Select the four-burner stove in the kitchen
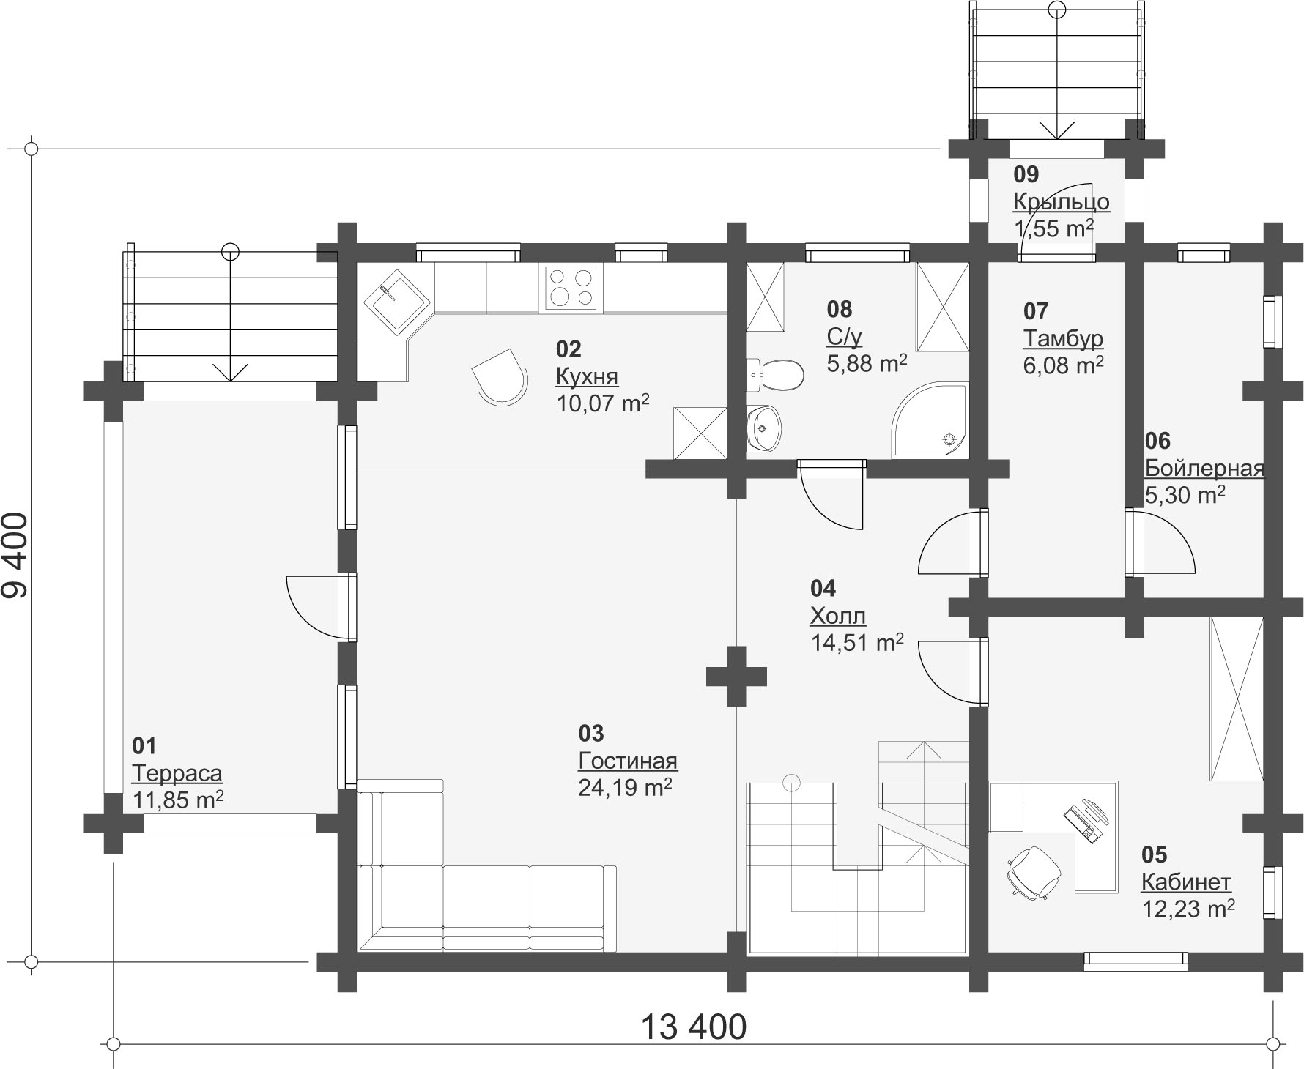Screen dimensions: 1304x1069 tap(571, 287)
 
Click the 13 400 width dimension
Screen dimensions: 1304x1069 tap(694, 1027)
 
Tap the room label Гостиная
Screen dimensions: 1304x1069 tap(628, 761)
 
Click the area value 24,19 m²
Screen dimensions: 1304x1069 tap(625, 788)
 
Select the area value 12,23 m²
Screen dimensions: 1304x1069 tap(1188, 909)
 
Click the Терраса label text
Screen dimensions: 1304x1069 tap(177, 774)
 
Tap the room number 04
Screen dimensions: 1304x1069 tap(823, 588)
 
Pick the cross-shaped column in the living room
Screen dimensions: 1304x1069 tap(736, 676)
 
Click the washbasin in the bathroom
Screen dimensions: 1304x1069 tap(764, 428)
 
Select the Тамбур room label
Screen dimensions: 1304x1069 tap(1063, 339)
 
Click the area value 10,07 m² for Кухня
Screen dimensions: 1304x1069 tap(603, 403)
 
